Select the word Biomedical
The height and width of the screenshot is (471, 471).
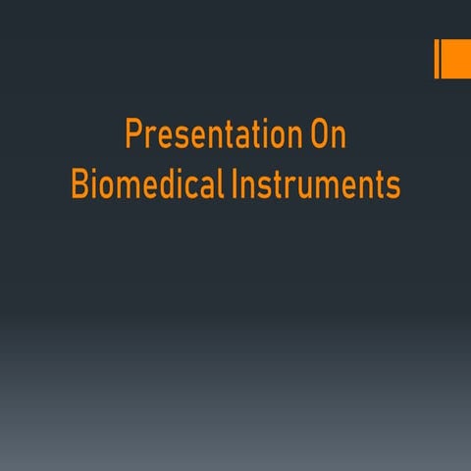tap(147, 184)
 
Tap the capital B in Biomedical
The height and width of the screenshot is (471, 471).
tap(79, 184)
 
